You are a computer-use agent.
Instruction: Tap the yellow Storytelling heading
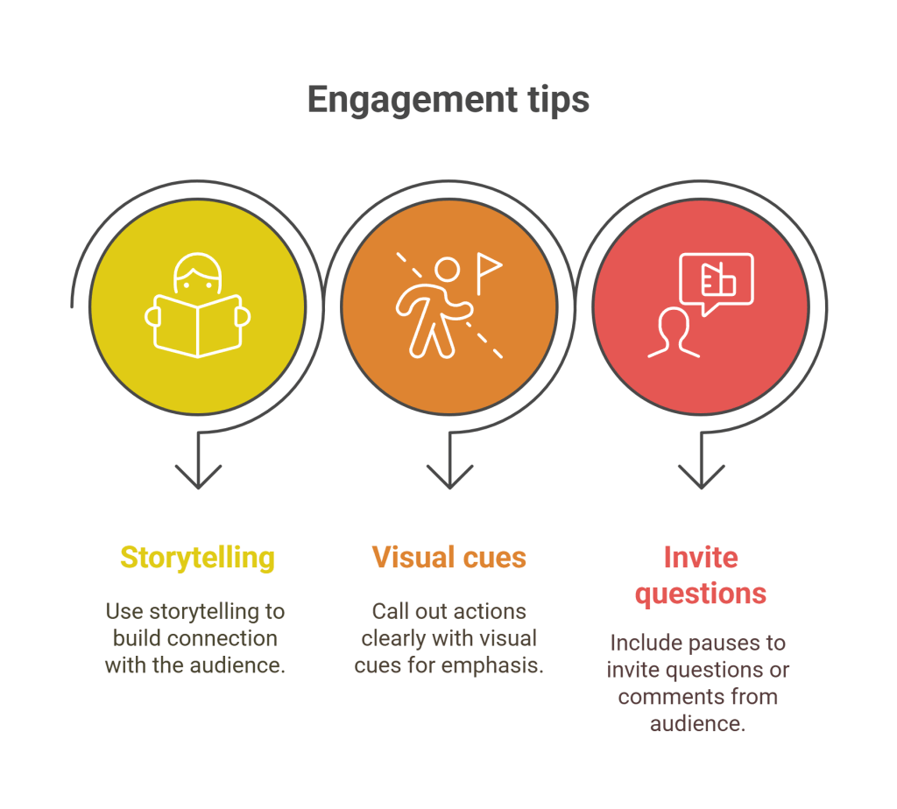tap(197, 558)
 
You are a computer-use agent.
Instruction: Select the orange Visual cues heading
tap(448, 558)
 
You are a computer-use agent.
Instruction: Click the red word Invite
tap(701, 558)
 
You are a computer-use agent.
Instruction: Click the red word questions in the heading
tap(701, 594)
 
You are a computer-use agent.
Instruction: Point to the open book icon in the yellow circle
tap(198, 326)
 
